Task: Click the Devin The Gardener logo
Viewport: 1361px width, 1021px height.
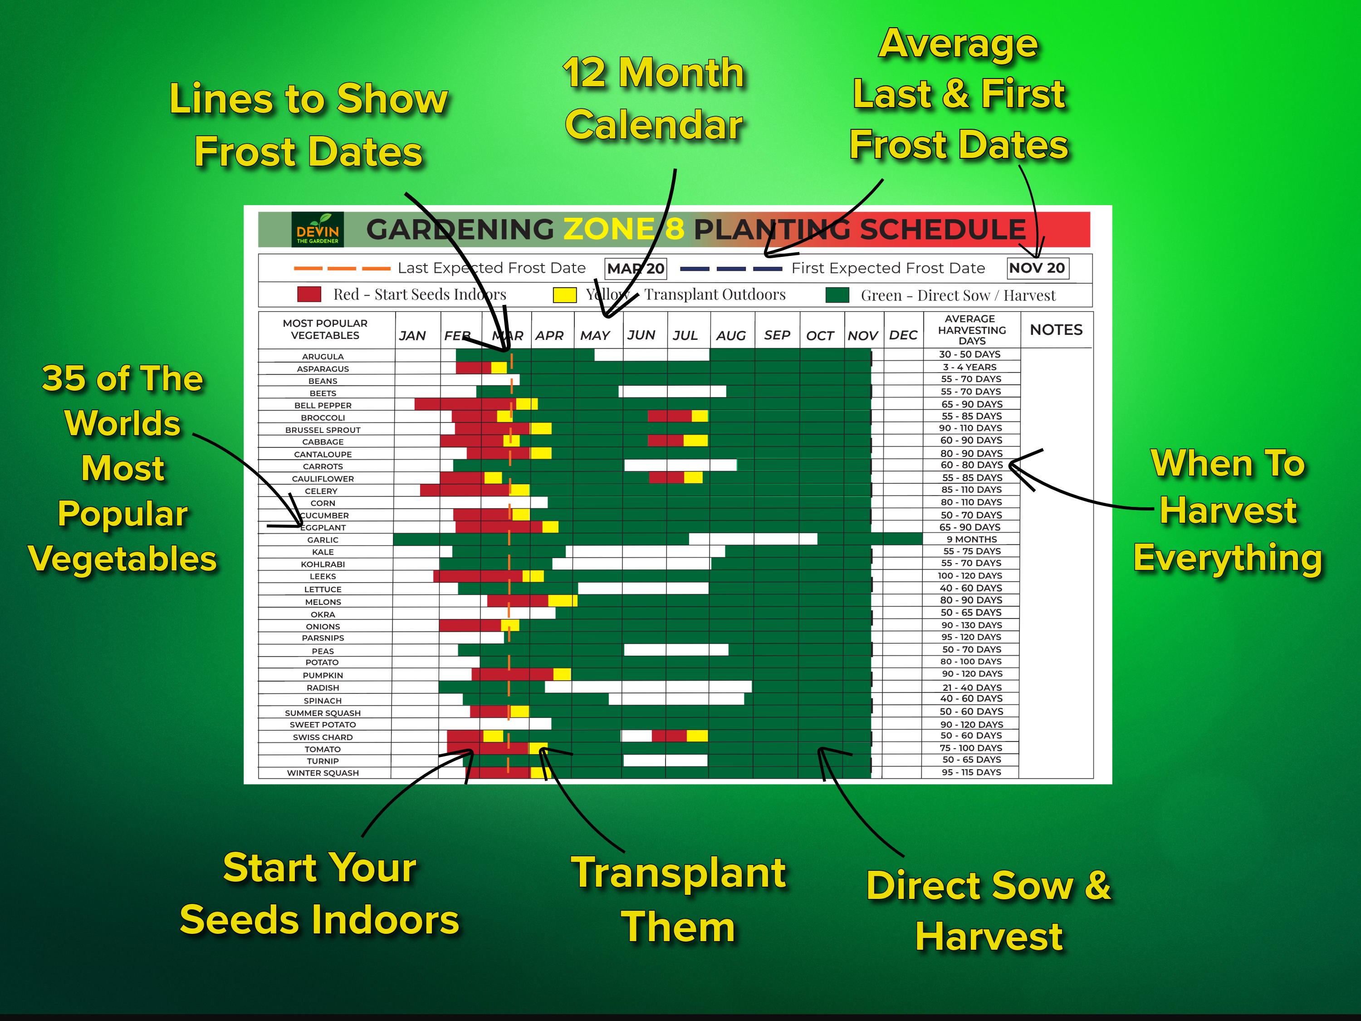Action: (318, 230)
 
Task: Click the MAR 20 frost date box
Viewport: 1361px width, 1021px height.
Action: (636, 268)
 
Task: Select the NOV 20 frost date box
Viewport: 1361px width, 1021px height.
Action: (1038, 268)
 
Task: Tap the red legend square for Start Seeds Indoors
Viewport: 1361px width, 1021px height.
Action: (309, 294)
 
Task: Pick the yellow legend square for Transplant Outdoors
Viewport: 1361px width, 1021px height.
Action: (564, 295)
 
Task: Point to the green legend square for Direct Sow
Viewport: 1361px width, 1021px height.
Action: (837, 295)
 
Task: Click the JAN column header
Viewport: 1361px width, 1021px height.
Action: (412, 335)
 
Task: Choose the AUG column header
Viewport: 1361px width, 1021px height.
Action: (730, 335)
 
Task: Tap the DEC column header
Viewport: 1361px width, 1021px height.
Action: (903, 335)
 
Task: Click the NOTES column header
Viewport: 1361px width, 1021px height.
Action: (1056, 330)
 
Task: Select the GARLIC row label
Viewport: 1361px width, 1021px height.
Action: (323, 540)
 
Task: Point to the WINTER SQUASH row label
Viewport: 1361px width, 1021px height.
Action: (323, 773)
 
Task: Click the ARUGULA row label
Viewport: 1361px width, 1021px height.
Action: (323, 356)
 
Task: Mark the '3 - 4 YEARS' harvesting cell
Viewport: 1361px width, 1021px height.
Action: (970, 367)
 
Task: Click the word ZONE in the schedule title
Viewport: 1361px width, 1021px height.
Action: (608, 230)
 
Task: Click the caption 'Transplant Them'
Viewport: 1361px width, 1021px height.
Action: (678, 900)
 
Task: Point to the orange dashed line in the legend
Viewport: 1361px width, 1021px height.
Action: (342, 268)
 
